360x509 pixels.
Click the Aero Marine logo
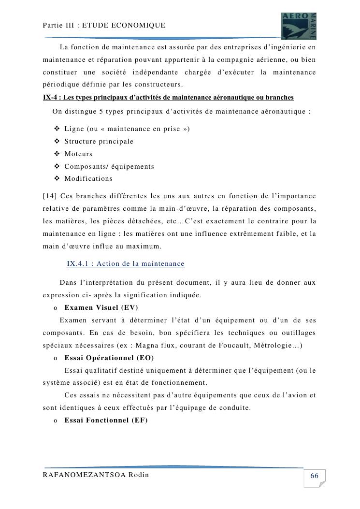[x=299, y=26]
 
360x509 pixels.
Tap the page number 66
[x=314, y=476]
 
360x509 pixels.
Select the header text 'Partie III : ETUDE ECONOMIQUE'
[x=104, y=25]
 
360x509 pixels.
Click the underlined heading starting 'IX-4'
[x=168, y=97]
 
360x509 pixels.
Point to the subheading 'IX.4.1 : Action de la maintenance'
[x=126, y=263]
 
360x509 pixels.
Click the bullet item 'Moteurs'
[x=78, y=154]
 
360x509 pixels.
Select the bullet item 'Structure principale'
[x=99, y=142]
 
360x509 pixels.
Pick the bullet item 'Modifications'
[x=88, y=178]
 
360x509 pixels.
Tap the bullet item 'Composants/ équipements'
[x=109, y=166]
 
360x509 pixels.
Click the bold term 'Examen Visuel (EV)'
[x=101, y=307]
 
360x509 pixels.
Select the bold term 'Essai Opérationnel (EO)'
[x=109, y=358]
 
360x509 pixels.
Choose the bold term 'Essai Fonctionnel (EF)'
[x=106, y=420]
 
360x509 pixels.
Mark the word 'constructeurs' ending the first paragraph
[x=158, y=85]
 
